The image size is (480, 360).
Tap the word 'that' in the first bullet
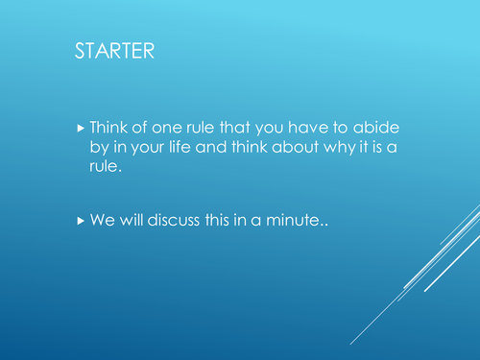tap(241, 127)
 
